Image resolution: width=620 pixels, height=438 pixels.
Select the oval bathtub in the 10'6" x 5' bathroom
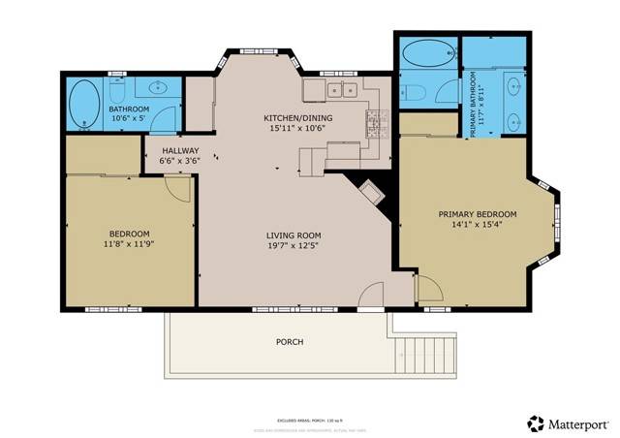[x=84, y=105]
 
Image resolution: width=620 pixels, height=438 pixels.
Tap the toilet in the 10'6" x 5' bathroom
[x=120, y=89]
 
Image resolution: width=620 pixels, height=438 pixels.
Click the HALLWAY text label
[x=179, y=151]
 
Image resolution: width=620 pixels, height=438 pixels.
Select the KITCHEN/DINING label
[x=296, y=119]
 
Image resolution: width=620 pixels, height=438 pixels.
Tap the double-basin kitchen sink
[x=340, y=91]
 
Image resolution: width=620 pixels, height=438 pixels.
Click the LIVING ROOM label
[x=294, y=235]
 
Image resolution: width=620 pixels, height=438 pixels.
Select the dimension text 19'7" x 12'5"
[x=294, y=247]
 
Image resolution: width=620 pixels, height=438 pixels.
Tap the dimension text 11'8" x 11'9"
[x=129, y=245]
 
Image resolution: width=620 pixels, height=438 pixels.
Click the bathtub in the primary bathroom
[x=425, y=54]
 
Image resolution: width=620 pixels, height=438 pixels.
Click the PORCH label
[x=289, y=342]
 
